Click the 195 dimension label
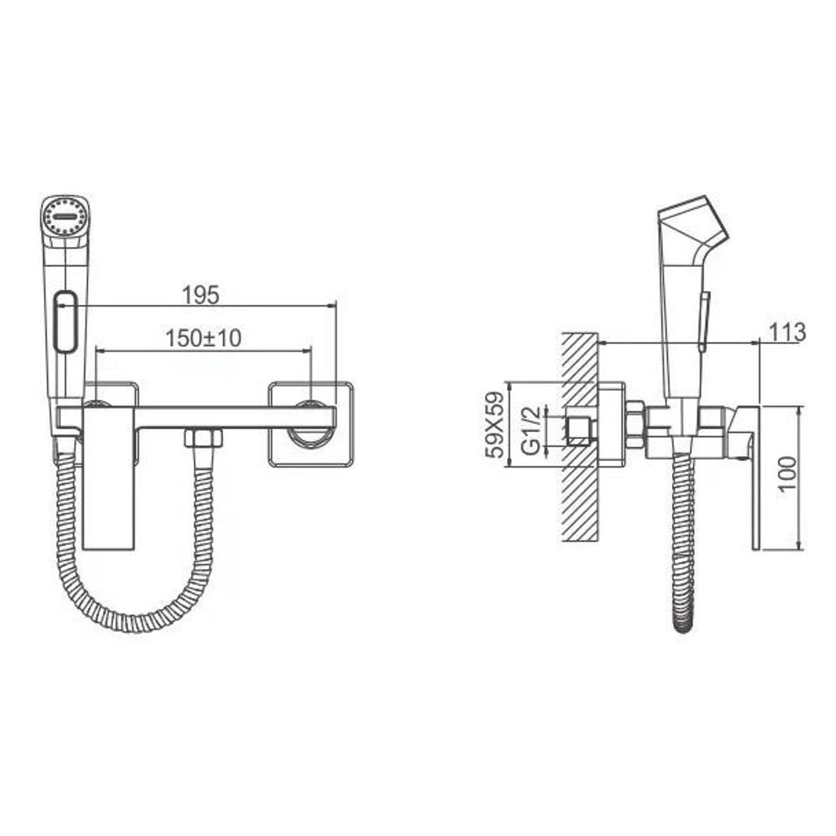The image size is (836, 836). (x=201, y=295)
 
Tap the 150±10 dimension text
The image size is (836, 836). (x=203, y=338)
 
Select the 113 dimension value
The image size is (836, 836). (x=787, y=332)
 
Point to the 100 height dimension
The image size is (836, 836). (x=787, y=473)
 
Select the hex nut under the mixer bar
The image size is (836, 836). (x=203, y=437)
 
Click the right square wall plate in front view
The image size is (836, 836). (x=311, y=424)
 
